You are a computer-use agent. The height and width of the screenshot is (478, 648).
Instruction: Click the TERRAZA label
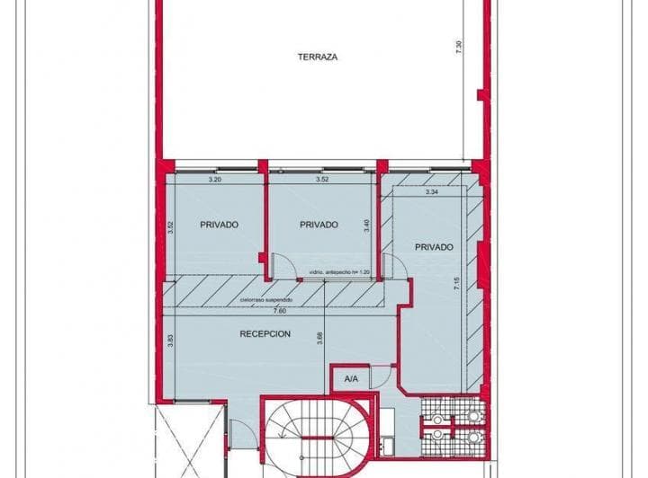pos(318,57)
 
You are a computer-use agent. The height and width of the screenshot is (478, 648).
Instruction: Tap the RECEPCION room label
pos(265,333)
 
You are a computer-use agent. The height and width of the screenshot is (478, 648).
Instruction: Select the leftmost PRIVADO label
pos(219,225)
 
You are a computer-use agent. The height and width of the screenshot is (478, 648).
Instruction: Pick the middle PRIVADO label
pos(319,225)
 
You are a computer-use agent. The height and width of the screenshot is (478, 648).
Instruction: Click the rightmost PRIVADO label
pos(434,246)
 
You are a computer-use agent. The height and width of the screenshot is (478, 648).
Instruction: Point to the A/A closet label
pos(351,380)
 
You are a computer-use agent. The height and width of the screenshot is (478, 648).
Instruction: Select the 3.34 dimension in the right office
pos(431,191)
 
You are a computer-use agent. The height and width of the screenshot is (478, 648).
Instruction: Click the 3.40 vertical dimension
pos(366,226)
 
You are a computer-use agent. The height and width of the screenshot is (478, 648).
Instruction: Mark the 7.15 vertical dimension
pos(457,285)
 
